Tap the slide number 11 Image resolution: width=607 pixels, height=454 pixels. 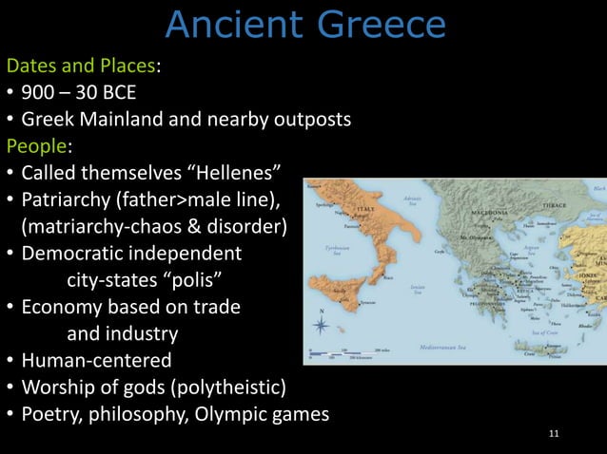pyautogui.click(x=555, y=434)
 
